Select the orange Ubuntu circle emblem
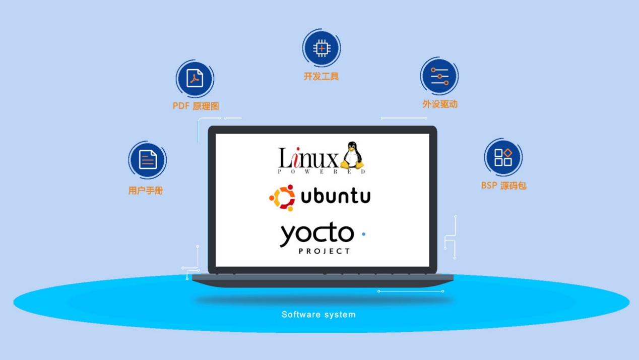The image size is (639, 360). click(x=282, y=198)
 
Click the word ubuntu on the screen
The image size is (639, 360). click(x=336, y=196)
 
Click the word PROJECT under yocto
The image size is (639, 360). click(x=324, y=251)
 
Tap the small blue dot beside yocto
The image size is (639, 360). click(x=363, y=234)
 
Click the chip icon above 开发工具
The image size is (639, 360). click(x=322, y=48)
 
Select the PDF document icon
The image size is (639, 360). click(x=195, y=79)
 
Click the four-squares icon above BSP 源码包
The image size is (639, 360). click(x=503, y=157)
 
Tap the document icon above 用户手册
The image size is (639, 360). click(x=148, y=160)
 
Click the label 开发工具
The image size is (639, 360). click(x=321, y=77)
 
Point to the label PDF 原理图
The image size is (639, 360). click(x=196, y=106)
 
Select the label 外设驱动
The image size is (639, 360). click(x=440, y=104)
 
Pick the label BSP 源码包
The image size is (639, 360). click(x=503, y=186)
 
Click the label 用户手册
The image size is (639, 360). click(x=146, y=191)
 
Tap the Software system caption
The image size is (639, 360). click(x=318, y=315)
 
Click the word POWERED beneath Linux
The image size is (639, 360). click(x=322, y=172)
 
